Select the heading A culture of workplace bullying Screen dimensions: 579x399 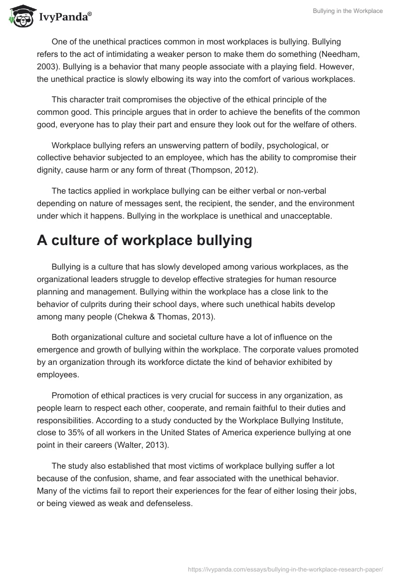pyautogui.click(x=144, y=240)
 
